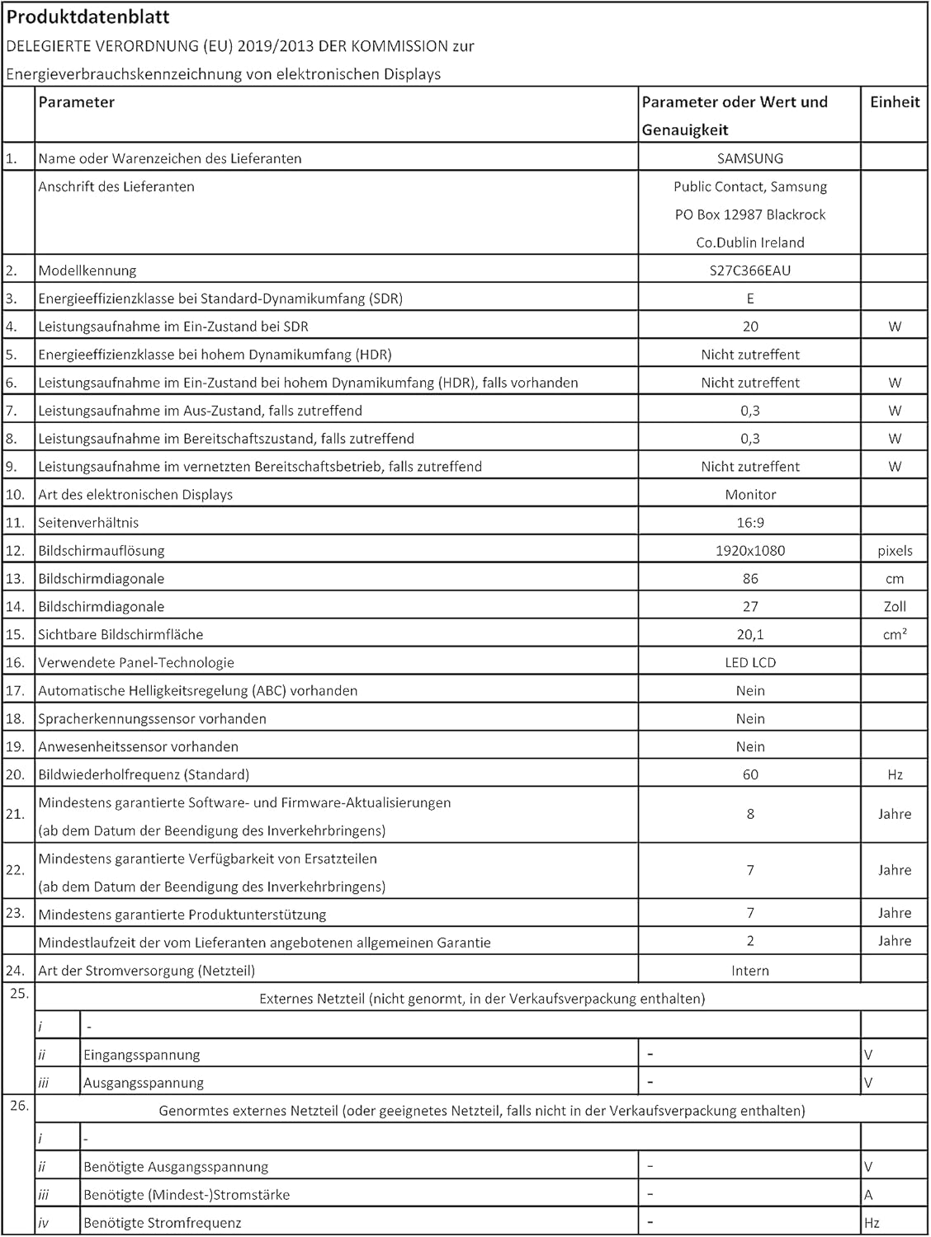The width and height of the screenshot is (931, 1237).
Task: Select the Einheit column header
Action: (895, 102)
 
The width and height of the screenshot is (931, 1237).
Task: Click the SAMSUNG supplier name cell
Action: (750, 158)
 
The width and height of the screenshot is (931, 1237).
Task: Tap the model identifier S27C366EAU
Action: (750, 270)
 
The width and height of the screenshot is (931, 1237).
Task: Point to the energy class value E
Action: (750, 299)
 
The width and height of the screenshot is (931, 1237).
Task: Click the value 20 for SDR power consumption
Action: (750, 327)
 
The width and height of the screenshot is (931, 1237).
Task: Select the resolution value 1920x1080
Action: (750, 551)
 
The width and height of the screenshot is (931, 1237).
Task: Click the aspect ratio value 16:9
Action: (750, 523)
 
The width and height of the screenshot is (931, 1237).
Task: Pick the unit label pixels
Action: (895, 551)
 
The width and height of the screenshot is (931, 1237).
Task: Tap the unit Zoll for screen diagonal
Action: (895, 607)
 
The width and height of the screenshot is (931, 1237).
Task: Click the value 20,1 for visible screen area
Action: (750, 635)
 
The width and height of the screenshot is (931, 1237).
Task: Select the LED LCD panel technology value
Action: (750, 663)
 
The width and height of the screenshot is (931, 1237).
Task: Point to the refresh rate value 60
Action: (750, 775)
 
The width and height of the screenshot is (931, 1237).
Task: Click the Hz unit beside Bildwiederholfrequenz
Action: (895, 775)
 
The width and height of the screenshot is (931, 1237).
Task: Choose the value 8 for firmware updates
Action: (750, 814)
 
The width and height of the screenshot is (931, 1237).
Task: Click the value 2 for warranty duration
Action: (750, 941)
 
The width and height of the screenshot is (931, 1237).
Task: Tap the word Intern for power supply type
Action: (750, 971)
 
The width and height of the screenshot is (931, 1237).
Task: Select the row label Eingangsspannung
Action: (142, 1055)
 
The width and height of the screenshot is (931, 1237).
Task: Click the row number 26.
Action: (19, 1106)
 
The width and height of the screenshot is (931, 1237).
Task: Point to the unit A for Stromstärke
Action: (868, 1195)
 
